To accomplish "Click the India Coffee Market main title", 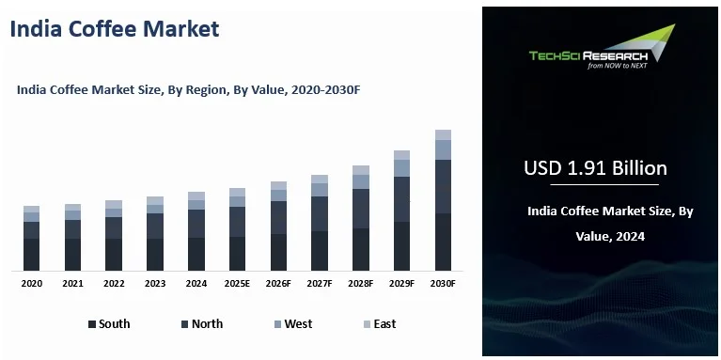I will point(114,28).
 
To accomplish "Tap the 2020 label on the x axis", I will point(32,283).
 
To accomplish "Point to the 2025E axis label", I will point(237,283).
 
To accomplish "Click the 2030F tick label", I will point(443,283).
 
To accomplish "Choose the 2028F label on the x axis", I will point(360,283).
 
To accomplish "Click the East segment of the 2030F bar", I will point(443,134).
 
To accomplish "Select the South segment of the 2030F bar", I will point(443,242).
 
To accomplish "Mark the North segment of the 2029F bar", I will point(401,199).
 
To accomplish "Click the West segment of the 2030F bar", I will point(443,149).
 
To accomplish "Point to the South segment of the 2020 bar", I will point(32,254).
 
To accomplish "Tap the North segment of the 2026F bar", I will point(278,217).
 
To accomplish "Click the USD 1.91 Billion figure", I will point(595,168).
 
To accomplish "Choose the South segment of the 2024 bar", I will point(196,254).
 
